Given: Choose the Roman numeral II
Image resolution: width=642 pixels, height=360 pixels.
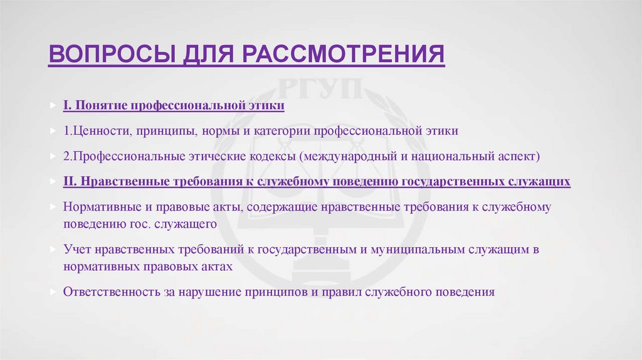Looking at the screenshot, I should pos(69,181).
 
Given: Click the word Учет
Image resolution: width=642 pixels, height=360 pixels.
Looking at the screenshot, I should pos(77,249).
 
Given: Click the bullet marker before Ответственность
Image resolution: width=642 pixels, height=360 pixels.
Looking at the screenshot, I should pos(53,292).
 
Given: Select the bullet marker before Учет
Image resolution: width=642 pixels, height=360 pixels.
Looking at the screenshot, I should pos(53,249).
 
